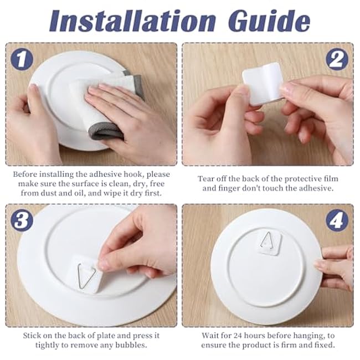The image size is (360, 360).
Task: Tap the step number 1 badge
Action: coord(22,59)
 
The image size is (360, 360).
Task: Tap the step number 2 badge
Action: coord(337,59)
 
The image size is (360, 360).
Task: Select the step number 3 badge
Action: coord(22,220)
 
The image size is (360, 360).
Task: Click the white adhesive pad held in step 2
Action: coord(263,83)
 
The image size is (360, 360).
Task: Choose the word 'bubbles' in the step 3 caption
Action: coord(131,345)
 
